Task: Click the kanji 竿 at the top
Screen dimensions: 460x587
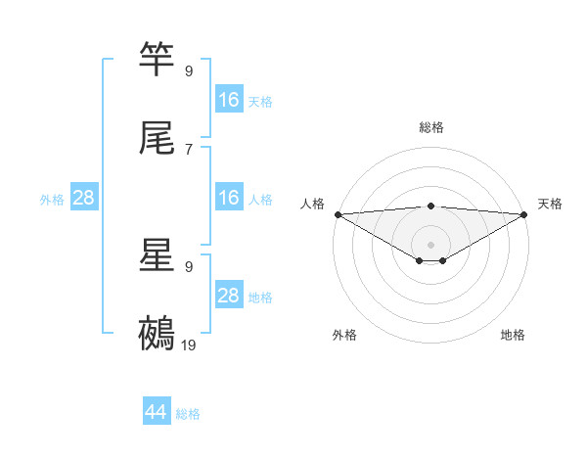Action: pos(158,60)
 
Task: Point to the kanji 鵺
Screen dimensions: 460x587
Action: pos(158,333)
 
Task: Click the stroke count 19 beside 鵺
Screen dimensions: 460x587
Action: pos(189,345)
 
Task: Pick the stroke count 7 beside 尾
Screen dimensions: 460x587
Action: pos(189,149)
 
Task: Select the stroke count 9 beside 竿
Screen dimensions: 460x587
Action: pos(189,70)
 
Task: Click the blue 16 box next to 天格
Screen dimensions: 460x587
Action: pos(229,100)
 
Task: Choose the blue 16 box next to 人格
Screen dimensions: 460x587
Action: pos(229,198)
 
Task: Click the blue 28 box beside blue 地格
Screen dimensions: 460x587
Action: pos(229,296)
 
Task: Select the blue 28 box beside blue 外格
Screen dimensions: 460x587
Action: pos(84,198)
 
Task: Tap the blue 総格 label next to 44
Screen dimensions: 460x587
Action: pos(188,414)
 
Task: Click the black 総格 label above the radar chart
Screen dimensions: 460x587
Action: pos(431,127)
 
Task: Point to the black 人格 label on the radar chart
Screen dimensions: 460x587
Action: pos(312,204)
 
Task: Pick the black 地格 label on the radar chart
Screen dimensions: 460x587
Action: pos(513,336)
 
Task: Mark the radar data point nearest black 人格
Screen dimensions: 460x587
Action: pos(337,214)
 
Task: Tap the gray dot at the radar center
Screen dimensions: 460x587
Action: pos(431,244)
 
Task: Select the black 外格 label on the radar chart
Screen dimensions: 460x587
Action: pos(344,336)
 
